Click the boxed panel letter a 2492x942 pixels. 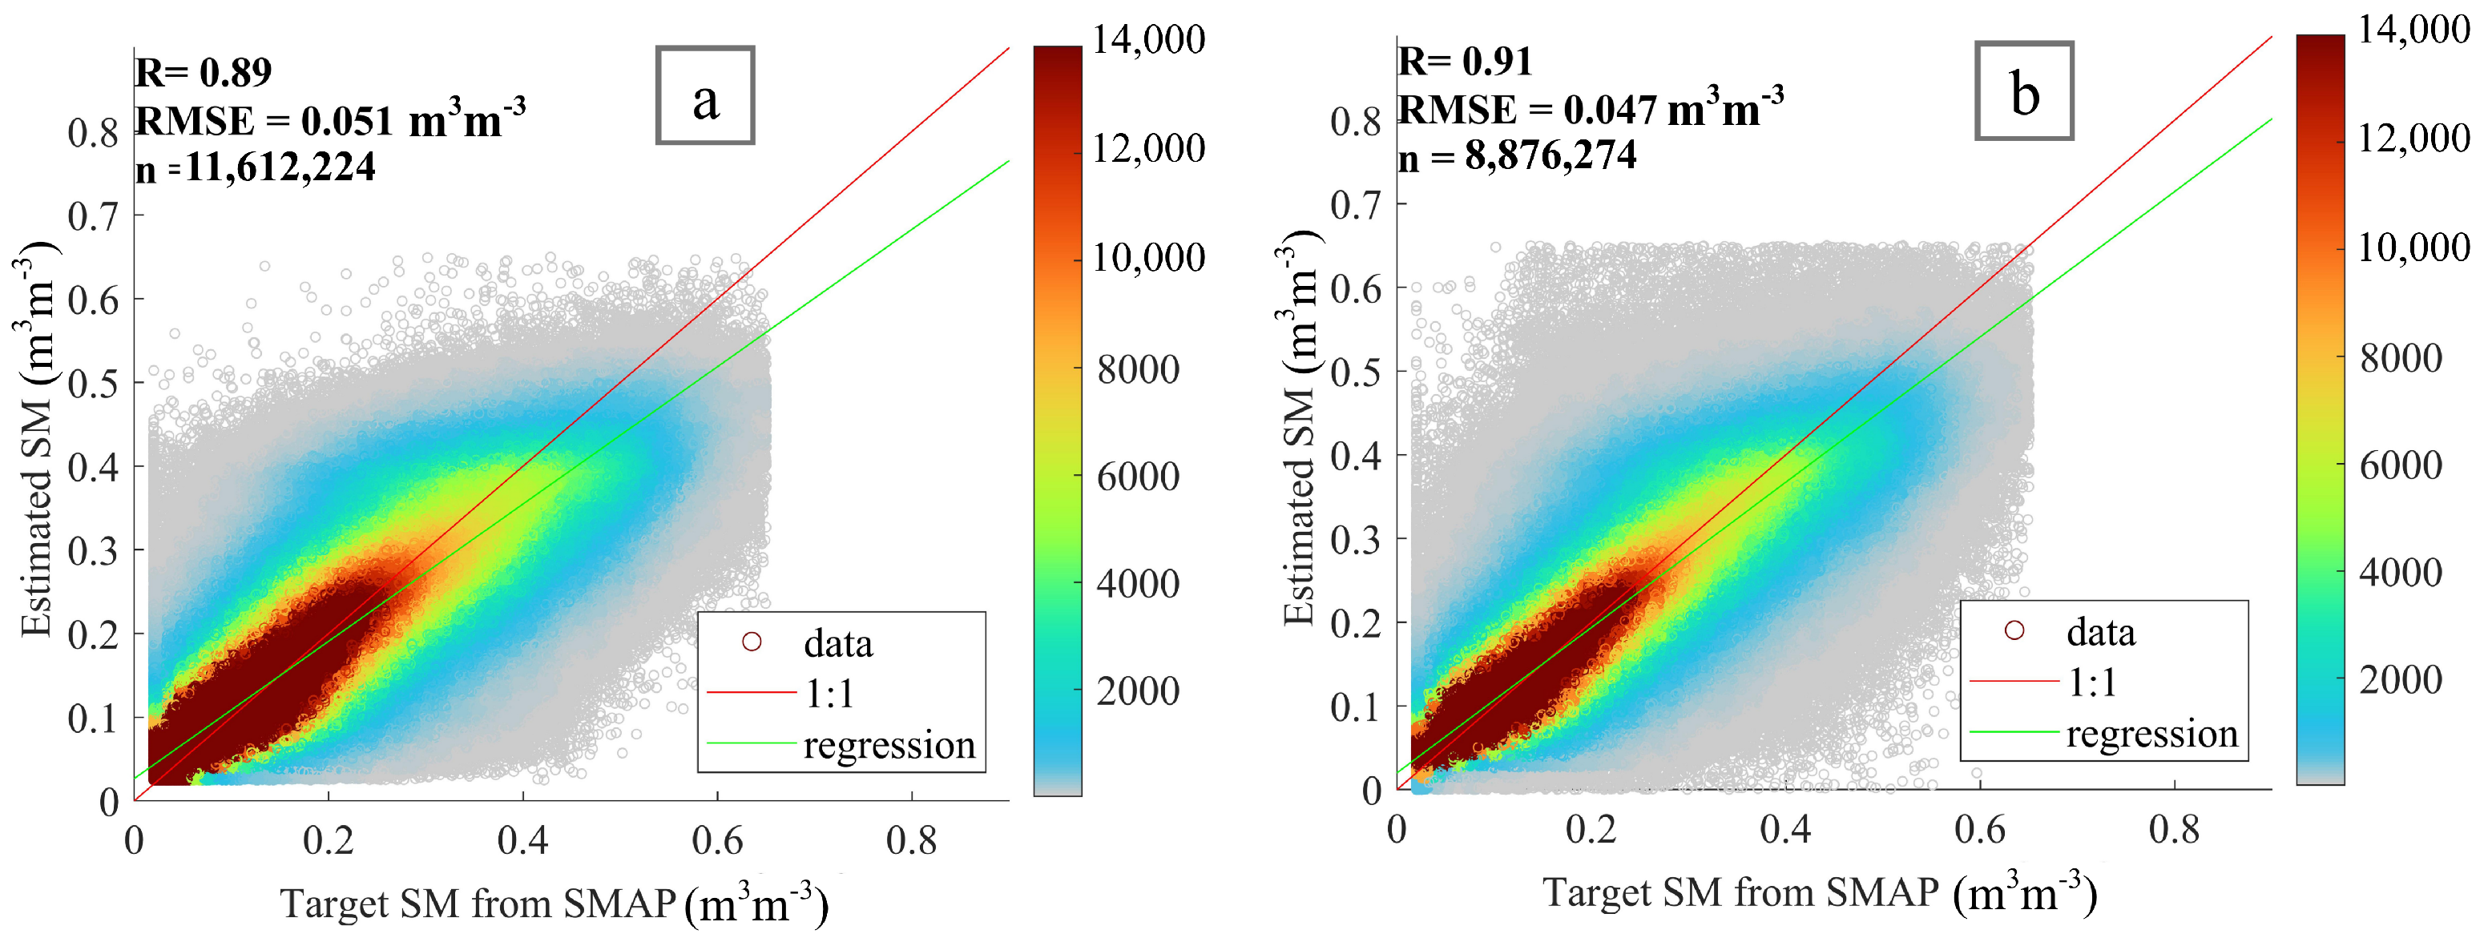click(705, 97)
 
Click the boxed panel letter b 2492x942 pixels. click(2024, 92)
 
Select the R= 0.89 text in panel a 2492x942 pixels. click(204, 73)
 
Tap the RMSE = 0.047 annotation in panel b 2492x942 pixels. click(1590, 109)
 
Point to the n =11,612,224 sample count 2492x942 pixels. click(256, 168)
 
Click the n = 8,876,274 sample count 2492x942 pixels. click(1517, 155)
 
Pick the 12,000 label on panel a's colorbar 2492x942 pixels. click(1148, 149)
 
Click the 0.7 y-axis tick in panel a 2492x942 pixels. click(93, 216)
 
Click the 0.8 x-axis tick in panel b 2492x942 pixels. click(2174, 830)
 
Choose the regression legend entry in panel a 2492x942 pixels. click(888, 746)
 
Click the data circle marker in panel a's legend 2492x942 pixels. click(752, 642)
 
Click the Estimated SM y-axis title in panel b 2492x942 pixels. click(1299, 425)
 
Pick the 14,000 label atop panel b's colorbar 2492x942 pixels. click(2413, 30)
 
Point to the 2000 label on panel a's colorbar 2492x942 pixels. click(1138, 691)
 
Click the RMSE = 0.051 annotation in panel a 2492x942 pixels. click(329, 121)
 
